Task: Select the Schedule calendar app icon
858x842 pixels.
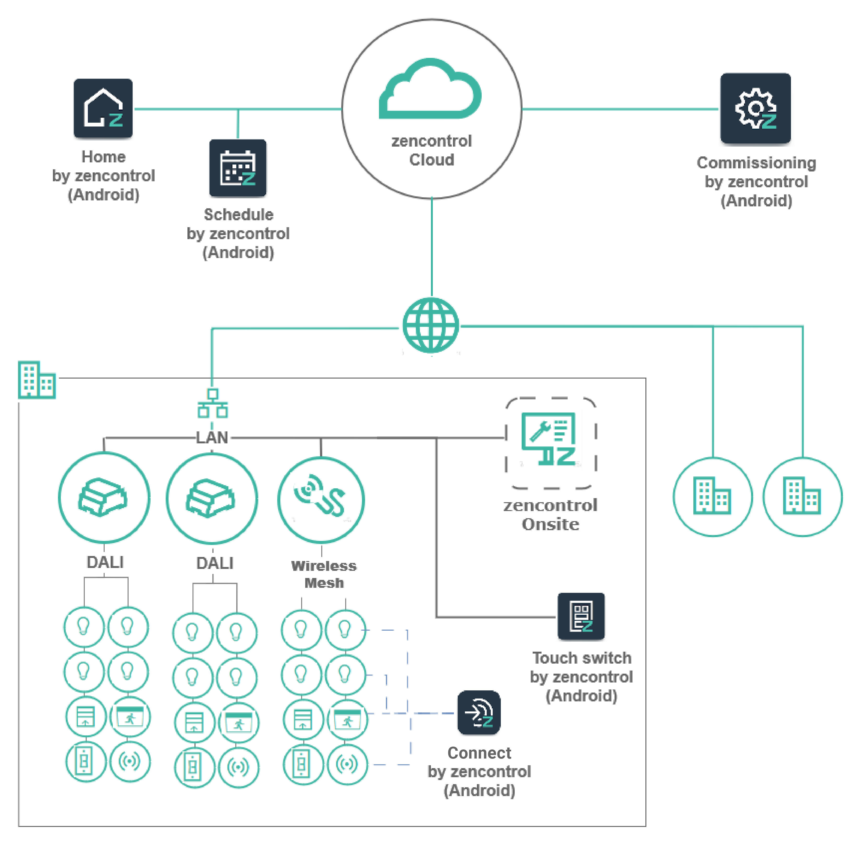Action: point(238,168)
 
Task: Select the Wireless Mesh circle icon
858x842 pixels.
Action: point(321,500)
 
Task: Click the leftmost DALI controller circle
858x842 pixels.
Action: point(104,497)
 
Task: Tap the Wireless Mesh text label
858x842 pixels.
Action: point(324,574)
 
